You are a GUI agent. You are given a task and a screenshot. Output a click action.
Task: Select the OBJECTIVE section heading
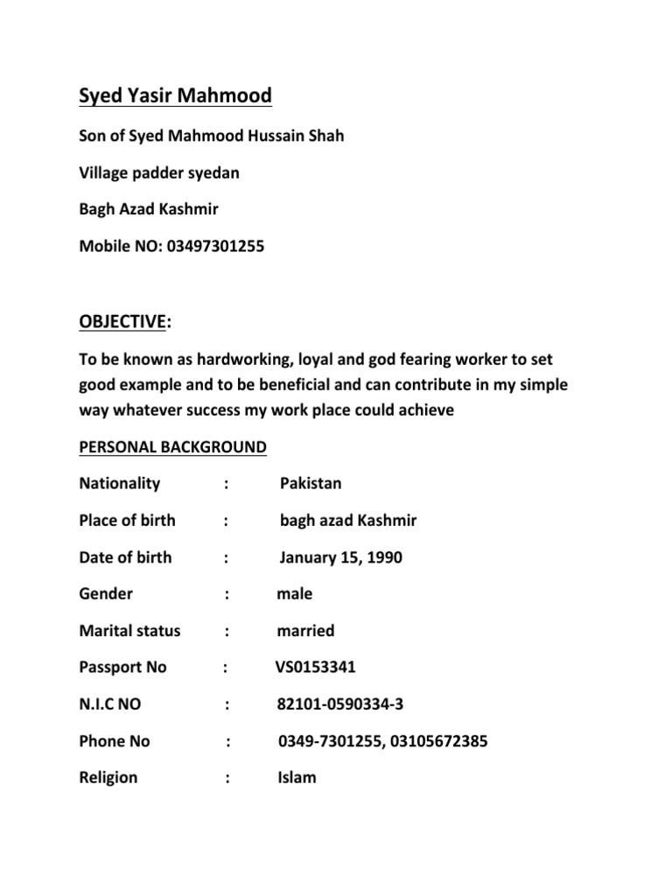122,322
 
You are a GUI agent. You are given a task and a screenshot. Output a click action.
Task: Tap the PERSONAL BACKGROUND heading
172,447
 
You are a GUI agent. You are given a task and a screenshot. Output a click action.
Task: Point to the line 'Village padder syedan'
158,172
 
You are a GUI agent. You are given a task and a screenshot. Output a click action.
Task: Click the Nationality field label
120,484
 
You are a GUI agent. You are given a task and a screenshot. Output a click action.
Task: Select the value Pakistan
311,484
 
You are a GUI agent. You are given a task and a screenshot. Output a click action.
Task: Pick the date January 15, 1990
341,557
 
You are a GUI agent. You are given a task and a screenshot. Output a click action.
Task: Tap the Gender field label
106,594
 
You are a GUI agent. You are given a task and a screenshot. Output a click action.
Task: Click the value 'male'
294,594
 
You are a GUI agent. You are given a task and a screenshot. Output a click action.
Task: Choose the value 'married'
305,631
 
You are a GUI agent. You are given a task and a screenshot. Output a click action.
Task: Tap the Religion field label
108,777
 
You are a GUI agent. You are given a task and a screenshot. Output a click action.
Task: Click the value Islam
297,777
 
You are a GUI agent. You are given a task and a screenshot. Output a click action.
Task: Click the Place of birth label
127,521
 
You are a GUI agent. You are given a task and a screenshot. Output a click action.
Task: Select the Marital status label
129,631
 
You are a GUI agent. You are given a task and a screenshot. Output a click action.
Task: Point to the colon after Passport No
226,668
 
